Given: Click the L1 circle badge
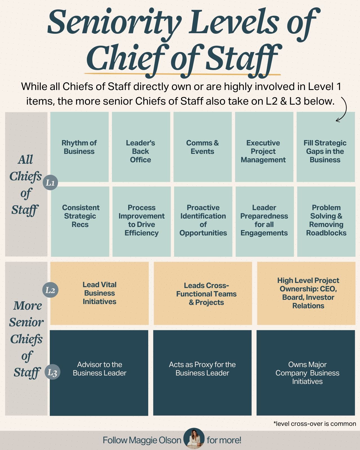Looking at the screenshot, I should (x=50, y=183).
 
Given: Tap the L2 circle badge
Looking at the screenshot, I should (x=50, y=290).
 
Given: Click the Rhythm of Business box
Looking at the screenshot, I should (x=79, y=147).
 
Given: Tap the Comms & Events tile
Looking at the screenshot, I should (x=202, y=147).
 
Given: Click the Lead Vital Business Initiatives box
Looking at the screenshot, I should (x=99, y=293).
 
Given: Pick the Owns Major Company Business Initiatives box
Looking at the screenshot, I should (x=307, y=373).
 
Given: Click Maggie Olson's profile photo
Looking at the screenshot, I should (x=194, y=438).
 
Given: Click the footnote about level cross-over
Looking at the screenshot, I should (x=314, y=424).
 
